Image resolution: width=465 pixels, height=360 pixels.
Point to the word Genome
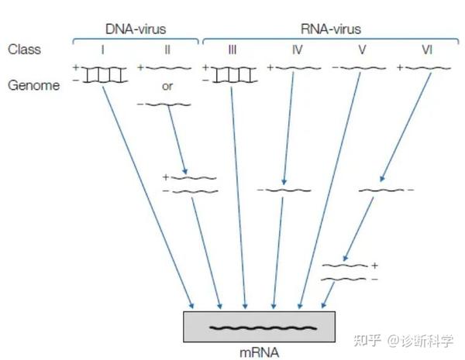coord(33,85)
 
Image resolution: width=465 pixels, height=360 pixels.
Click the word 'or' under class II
coord(167,86)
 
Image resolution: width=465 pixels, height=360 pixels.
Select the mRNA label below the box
coord(260,351)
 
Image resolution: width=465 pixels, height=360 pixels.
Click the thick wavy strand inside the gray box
coord(259,327)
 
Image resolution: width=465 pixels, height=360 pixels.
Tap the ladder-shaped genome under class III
coord(232,74)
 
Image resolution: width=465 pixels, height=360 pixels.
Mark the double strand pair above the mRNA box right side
coord(346,272)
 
